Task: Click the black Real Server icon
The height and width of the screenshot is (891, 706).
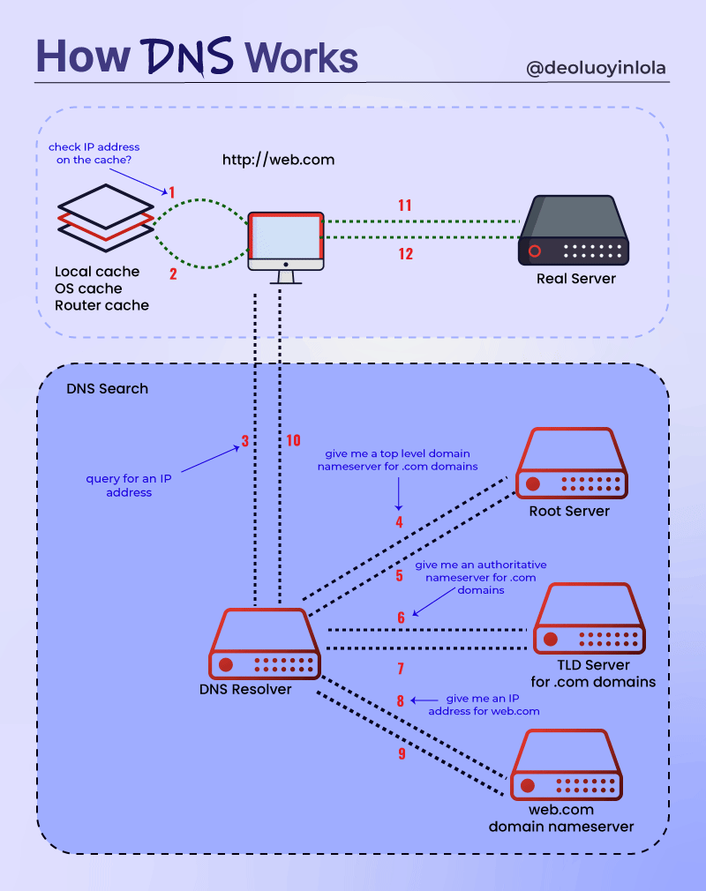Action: pyautogui.click(x=574, y=230)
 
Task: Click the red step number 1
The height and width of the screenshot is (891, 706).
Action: pyautogui.click(x=172, y=192)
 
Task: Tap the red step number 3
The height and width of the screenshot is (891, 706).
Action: pyautogui.click(x=245, y=441)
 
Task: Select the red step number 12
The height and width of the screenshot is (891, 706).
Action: pyautogui.click(x=405, y=254)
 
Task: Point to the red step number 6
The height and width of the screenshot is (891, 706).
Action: pyautogui.click(x=401, y=618)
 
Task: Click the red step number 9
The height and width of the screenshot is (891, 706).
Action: pyautogui.click(x=402, y=754)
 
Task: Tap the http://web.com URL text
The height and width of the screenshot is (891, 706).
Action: pyautogui.click(x=278, y=161)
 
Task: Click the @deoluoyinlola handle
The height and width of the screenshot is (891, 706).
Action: pyautogui.click(x=597, y=69)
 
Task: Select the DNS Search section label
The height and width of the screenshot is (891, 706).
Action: pyautogui.click(x=108, y=389)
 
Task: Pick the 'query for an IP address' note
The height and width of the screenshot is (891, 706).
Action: pyautogui.click(x=129, y=485)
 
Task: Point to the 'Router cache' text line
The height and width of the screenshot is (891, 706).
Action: pyautogui.click(x=101, y=305)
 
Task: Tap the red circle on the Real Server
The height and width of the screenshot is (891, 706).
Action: pyautogui.click(x=534, y=251)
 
